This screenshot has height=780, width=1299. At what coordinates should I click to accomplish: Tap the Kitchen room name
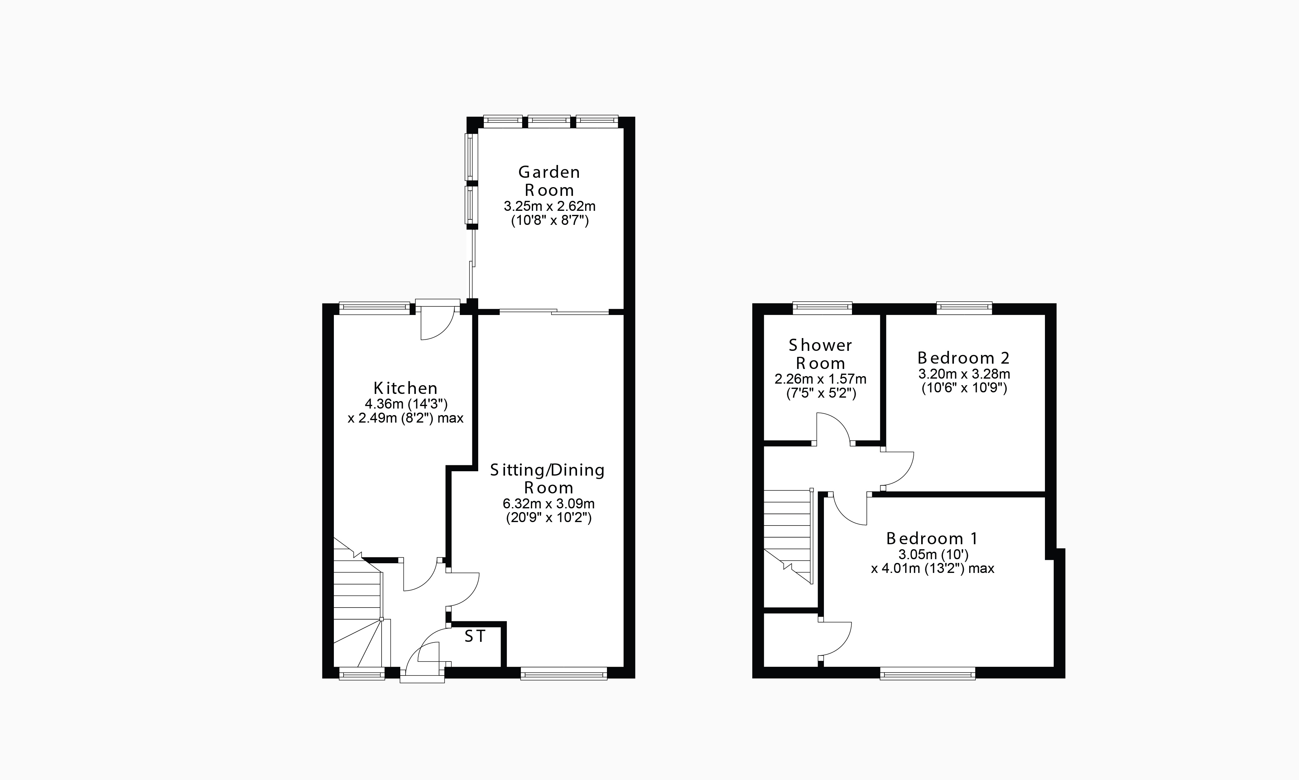406,388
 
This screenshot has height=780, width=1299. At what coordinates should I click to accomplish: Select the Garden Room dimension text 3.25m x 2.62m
550,206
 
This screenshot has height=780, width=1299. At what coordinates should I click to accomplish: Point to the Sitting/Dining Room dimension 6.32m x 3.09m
548,504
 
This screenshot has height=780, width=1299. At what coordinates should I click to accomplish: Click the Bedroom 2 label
963,358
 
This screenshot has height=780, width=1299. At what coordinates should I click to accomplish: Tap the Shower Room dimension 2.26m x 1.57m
820,379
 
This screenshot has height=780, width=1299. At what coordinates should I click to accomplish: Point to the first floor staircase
788,536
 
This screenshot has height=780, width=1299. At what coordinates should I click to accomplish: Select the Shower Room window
822,308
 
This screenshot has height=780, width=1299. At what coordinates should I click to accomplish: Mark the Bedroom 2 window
964,308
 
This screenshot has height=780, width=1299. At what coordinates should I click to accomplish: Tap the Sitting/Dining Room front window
564,673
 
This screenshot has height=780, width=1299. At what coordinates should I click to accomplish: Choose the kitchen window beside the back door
374,308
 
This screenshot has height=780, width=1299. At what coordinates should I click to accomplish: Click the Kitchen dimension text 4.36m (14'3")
406,404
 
